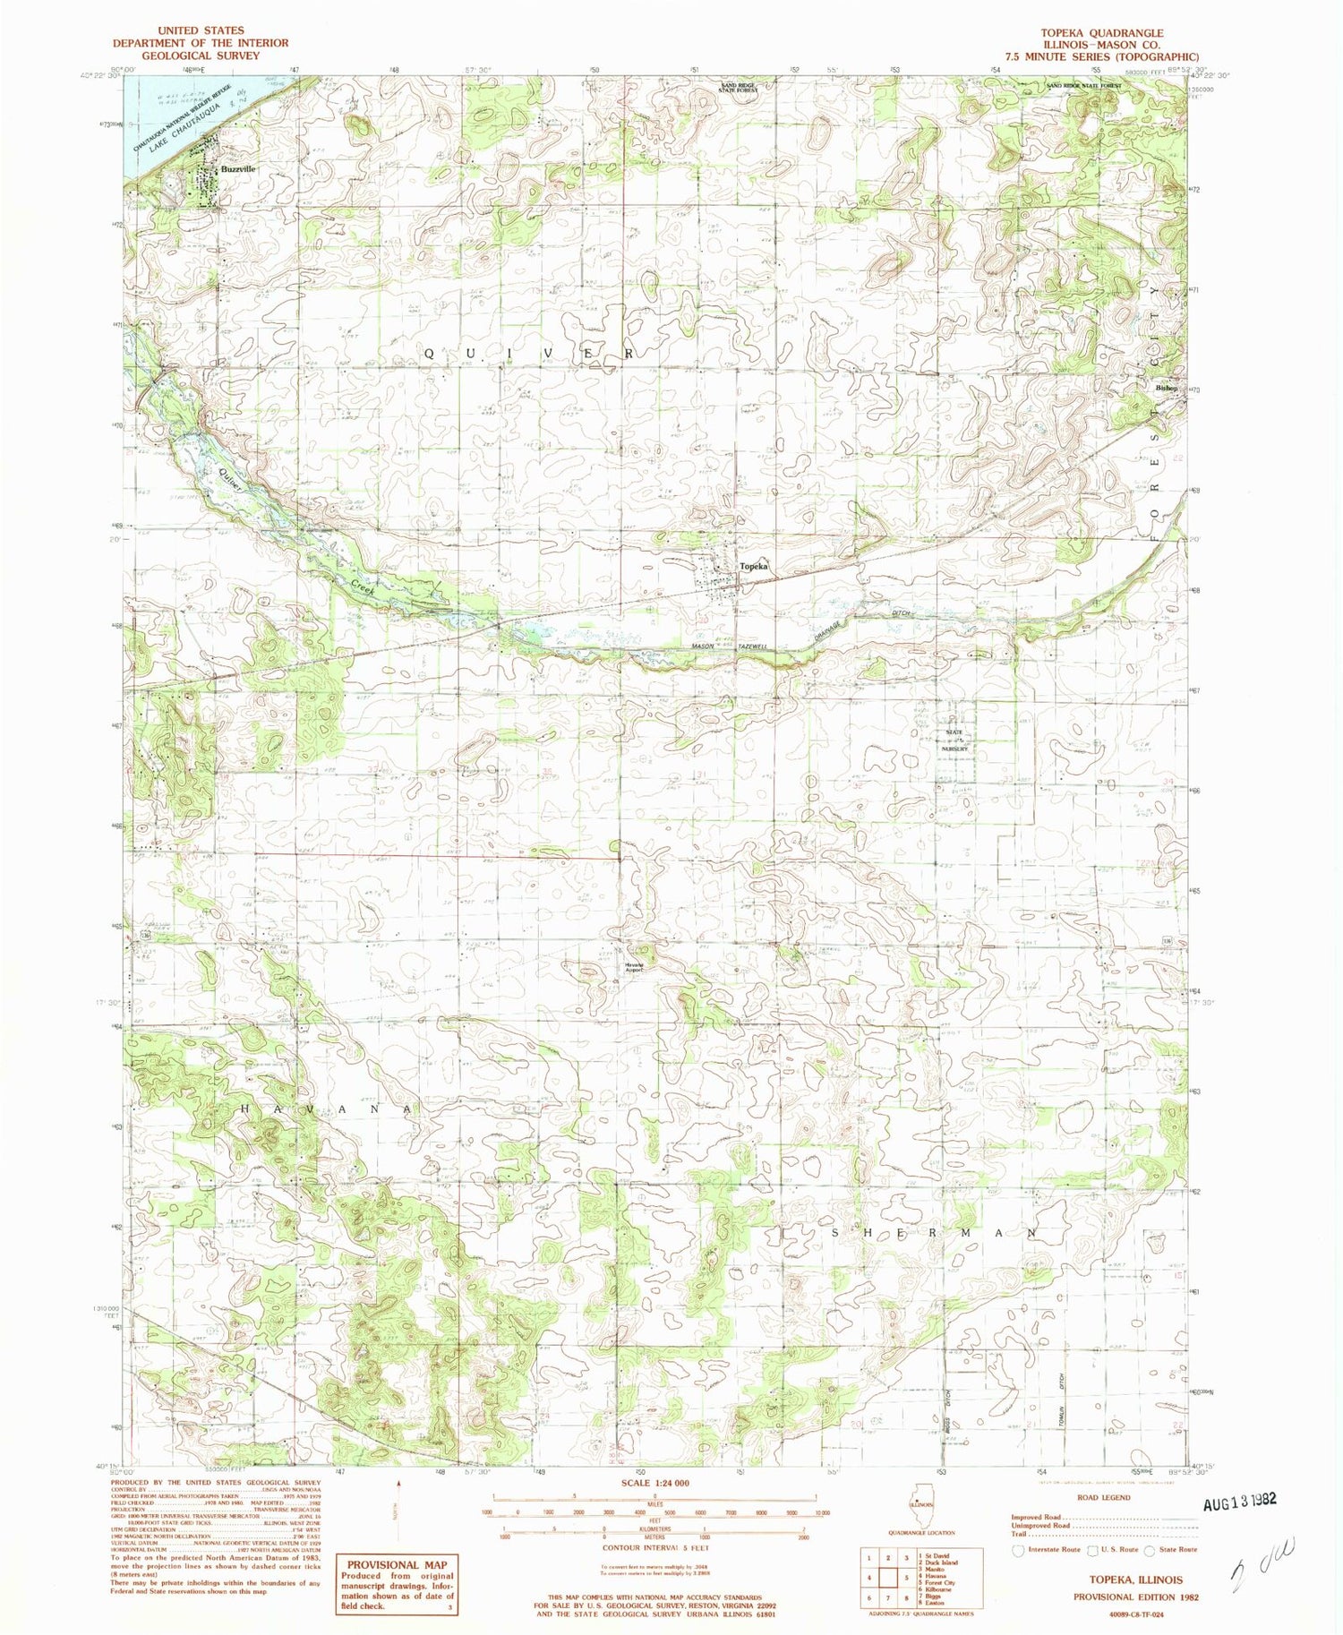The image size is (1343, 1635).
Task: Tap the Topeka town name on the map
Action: coord(754,567)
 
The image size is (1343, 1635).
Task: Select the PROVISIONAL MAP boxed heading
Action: coord(397,1564)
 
